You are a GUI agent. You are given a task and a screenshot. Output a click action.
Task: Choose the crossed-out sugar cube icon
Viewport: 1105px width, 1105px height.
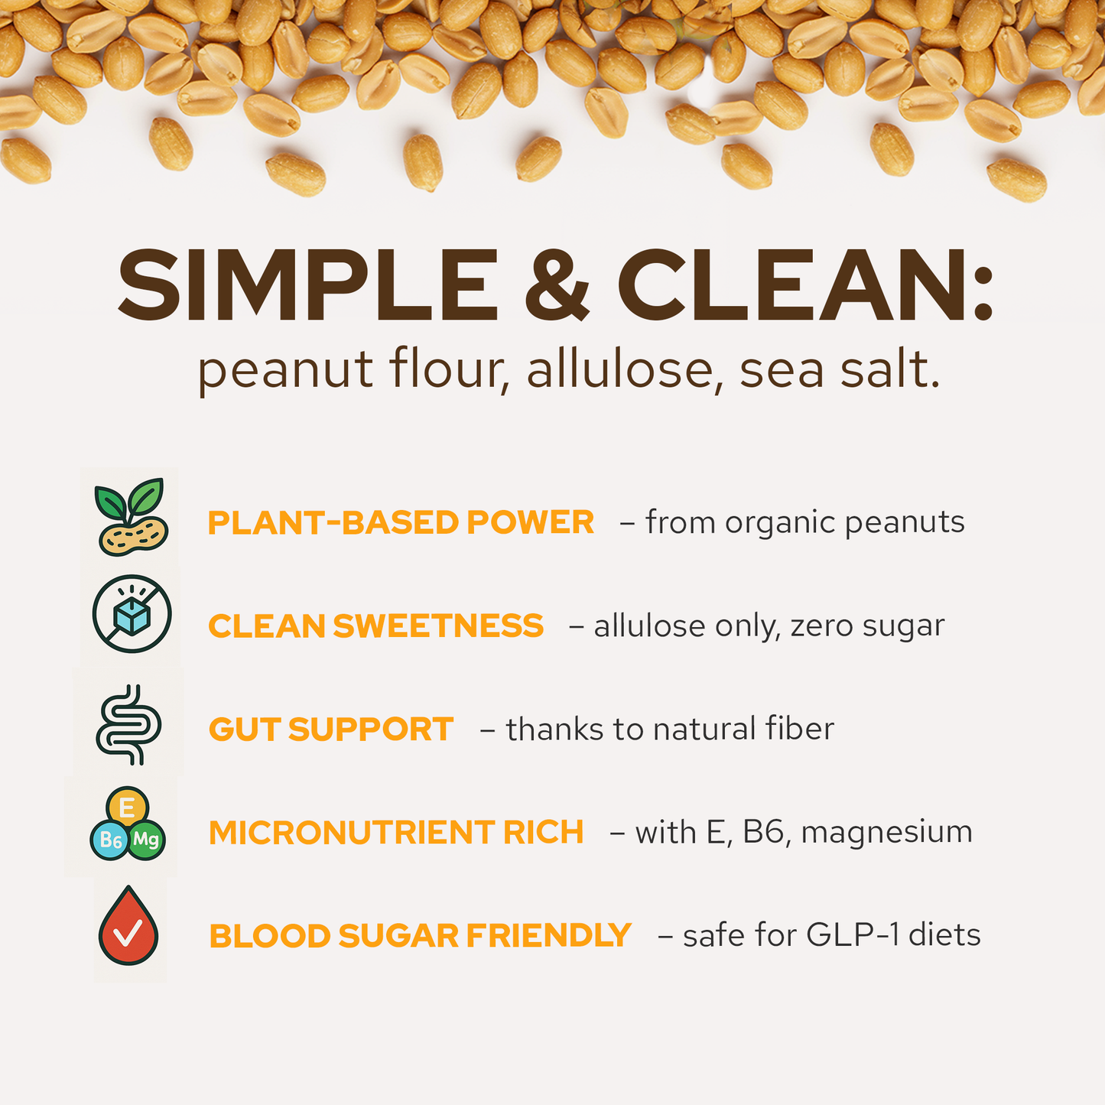[x=132, y=614]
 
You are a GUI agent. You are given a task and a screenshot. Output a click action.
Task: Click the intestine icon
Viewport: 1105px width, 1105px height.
[x=128, y=725]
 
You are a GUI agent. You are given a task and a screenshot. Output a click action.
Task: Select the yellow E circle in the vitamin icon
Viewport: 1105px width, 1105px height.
[x=128, y=808]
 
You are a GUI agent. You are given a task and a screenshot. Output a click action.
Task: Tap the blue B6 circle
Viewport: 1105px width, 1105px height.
[x=110, y=841]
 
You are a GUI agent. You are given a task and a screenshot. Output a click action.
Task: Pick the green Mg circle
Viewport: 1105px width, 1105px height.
[x=146, y=840]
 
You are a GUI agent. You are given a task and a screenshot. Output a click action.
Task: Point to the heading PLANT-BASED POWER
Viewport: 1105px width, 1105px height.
[x=401, y=523]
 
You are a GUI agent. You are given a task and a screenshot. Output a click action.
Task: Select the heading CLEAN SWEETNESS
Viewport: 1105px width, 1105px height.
[x=375, y=626]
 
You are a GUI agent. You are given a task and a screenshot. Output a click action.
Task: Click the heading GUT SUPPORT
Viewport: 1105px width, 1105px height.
[x=331, y=730]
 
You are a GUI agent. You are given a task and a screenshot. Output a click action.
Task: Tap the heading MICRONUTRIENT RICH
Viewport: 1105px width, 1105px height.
[x=396, y=833]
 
